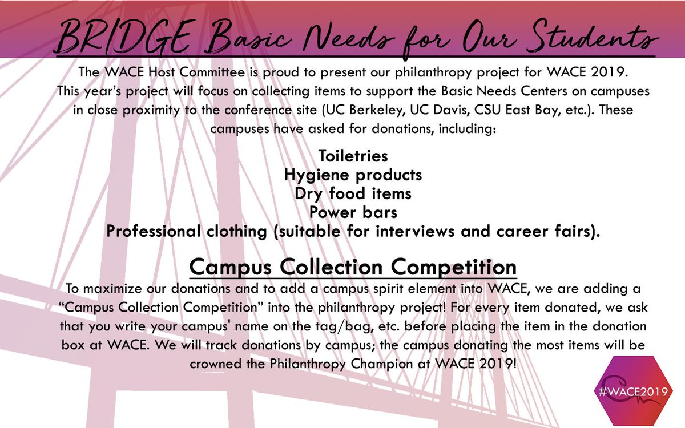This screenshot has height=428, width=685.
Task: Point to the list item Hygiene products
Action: click(353, 174)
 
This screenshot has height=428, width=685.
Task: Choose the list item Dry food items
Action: click(353, 193)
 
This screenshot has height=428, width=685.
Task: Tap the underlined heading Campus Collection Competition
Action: click(353, 267)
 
